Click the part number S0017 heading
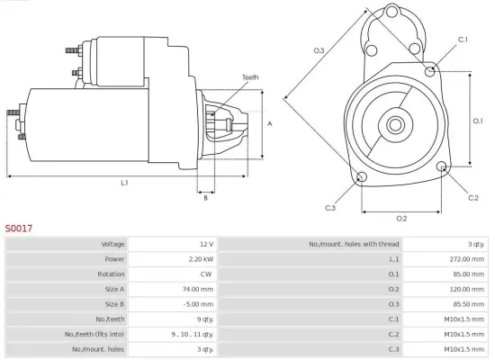18,229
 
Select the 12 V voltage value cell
205,244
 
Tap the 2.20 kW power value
202,258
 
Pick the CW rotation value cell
207,274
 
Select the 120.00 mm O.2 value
464,289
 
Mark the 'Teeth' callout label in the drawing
250,77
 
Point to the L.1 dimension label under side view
123,184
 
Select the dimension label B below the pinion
205,198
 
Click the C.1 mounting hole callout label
463,40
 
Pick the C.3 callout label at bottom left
330,208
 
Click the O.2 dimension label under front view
401,218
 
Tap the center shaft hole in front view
396,121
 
